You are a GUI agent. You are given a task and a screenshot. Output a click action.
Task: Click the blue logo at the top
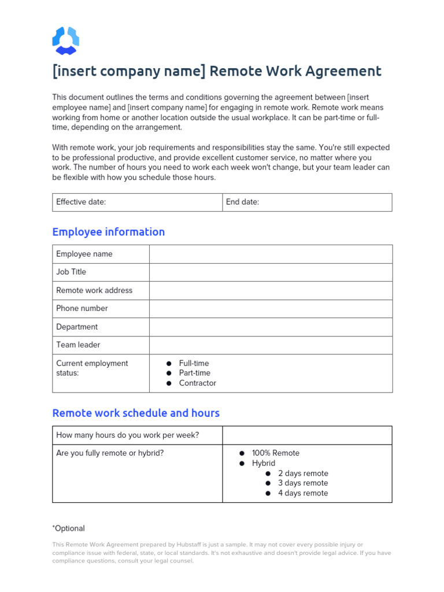(x=65, y=41)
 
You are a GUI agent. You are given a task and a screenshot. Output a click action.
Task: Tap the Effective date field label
(x=81, y=202)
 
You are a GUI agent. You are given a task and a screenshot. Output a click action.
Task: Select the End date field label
(x=242, y=202)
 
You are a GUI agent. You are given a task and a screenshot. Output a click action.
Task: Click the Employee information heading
(x=108, y=232)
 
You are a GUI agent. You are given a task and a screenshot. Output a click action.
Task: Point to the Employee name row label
(x=84, y=254)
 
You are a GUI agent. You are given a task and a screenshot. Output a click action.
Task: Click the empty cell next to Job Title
(x=271, y=272)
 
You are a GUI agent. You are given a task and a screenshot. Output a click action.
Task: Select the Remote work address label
(x=94, y=290)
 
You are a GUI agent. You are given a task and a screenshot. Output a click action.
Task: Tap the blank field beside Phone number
(x=271, y=309)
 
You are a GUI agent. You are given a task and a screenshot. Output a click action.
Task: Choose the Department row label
(x=77, y=327)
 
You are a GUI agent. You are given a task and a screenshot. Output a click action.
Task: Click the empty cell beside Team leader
(x=271, y=345)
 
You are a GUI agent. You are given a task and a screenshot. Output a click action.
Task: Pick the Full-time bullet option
(x=194, y=363)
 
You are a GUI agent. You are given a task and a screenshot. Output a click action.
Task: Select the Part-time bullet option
(x=194, y=373)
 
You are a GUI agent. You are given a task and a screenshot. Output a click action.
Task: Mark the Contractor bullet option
(x=197, y=383)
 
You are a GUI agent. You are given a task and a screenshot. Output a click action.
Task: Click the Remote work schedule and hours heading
(x=136, y=413)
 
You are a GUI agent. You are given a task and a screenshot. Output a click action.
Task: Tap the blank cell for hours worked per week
(x=307, y=435)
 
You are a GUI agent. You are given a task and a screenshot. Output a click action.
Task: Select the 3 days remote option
(x=302, y=483)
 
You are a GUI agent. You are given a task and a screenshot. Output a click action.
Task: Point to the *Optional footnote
(x=69, y=528)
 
